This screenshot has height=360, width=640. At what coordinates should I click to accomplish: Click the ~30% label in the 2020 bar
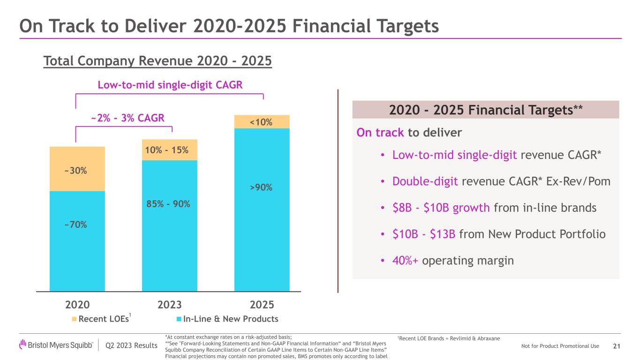[75, 171]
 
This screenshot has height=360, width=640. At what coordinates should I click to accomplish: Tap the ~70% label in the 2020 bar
[75, 225]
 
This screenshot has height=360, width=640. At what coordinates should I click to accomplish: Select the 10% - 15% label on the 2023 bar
[167, 150]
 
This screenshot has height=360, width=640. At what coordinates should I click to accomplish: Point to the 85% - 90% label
[168, 204]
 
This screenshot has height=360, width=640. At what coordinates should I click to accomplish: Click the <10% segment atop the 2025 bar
[261, 122]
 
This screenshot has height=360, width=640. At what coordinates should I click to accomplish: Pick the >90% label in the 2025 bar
[261, 187]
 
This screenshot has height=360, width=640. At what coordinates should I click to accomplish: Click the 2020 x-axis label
[77, 305]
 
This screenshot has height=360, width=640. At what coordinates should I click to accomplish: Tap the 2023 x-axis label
[170, 305]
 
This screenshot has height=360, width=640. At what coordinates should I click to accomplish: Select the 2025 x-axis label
[262, 305]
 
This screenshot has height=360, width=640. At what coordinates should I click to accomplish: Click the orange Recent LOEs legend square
[74, 319]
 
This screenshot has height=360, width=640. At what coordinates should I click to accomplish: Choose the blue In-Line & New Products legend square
[179, 319]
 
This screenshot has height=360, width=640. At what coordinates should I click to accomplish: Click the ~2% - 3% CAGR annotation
[128, 118]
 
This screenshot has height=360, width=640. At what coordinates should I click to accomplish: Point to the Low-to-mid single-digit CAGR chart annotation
[170, 85]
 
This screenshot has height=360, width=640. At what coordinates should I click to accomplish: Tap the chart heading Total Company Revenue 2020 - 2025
[158, 61]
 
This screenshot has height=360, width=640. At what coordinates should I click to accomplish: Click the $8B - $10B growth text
[441, 208]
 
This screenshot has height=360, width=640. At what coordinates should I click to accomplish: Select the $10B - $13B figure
[424, 234]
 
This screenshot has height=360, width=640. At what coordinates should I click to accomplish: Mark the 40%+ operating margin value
[405, 260]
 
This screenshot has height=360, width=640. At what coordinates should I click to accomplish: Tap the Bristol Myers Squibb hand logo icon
[23, 344]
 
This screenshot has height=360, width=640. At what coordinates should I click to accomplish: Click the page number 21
[617, 346]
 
